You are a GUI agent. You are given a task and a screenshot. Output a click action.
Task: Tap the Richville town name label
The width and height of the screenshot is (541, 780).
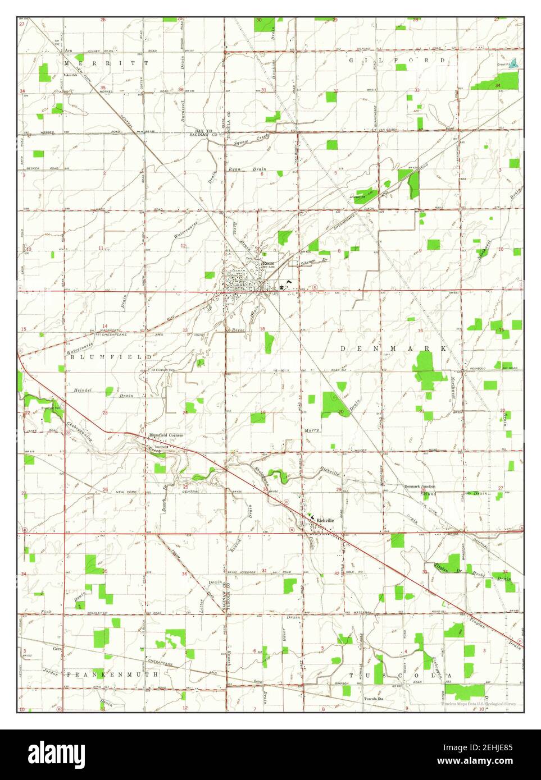pos(325,521)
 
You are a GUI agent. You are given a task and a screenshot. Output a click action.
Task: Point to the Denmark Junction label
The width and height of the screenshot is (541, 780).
pos(420,486)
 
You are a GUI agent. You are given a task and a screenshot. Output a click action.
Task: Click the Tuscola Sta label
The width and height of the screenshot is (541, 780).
pos(371,699)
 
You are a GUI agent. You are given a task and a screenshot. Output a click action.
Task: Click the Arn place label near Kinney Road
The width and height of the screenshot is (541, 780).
pos(69,51)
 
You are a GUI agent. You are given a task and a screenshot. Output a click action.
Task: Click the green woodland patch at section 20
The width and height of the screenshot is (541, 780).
pos(331,403)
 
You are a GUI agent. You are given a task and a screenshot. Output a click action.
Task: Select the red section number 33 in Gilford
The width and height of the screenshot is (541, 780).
pos(417,90)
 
